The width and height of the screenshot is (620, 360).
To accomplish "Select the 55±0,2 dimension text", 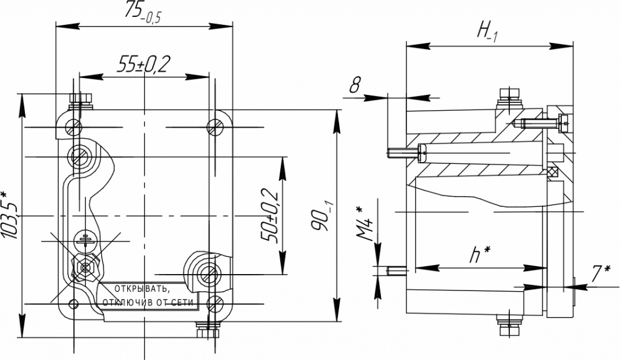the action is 143,64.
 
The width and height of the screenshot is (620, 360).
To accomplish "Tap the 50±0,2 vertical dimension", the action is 269,216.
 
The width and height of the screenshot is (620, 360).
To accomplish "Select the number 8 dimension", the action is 355,85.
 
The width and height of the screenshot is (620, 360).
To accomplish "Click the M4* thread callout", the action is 365,224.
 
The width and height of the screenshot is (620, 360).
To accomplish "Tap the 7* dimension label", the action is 601,274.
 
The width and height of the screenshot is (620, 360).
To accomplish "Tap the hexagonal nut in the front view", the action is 85,268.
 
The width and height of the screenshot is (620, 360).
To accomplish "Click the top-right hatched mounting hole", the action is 215,127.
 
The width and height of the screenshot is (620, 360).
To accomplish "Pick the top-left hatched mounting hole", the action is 74,127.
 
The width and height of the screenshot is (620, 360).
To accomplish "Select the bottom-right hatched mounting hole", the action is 215,304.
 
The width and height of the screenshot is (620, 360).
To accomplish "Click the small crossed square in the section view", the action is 552,172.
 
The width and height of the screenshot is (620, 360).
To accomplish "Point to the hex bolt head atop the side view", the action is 509,93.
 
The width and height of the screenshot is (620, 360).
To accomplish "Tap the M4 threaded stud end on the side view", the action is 396,270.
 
